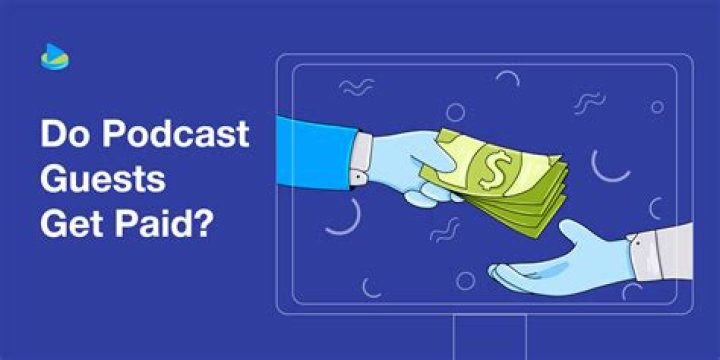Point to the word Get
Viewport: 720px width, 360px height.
pos(69,224)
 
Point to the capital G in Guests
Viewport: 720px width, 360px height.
pos(56,179)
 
